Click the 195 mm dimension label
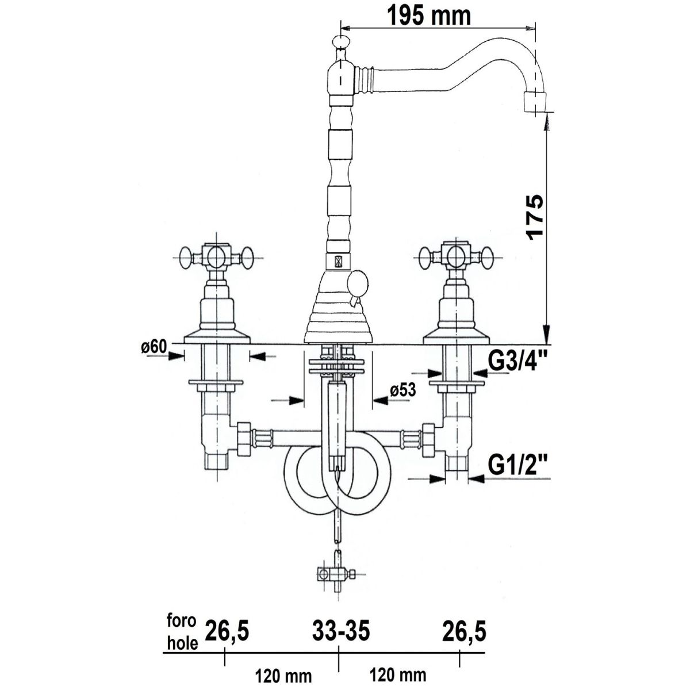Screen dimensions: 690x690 pyautogui.click(x=430, y=16)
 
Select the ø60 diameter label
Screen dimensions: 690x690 pyautogui.click(x=154, y=347)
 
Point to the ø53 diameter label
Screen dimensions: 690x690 pyautogui.click(x=403, y=390)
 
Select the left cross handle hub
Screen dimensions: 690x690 pyautogui.click(x=216, y=257)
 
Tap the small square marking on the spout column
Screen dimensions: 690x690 pyautogui.click(x=338, y=261)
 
